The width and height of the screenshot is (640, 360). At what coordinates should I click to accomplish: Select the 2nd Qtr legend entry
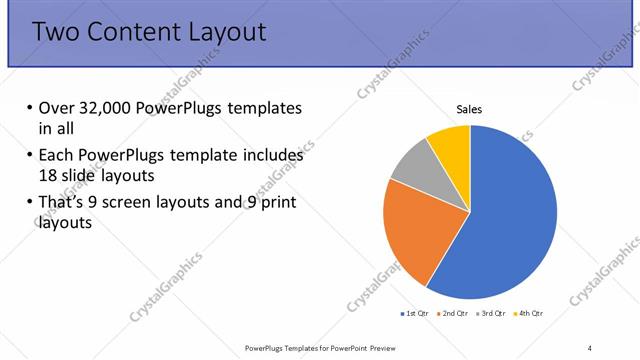coord(455,314)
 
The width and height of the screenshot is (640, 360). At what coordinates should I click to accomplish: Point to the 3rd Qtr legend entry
coord(492,314)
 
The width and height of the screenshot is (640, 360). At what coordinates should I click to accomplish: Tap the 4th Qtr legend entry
coord(529,314)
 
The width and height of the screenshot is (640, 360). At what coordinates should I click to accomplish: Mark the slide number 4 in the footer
coord(589,347)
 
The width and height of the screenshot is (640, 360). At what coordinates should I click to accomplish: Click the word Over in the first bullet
coord(56,108)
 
